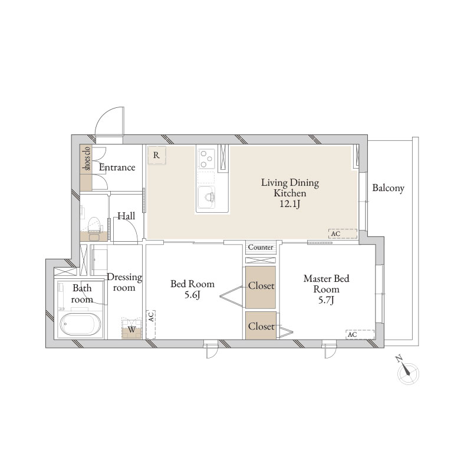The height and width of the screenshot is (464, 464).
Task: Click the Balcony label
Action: (x=388, y=189)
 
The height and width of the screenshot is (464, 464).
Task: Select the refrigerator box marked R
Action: (x=156, y=155)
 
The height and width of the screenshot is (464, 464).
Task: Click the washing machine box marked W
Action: (x=132, y=329)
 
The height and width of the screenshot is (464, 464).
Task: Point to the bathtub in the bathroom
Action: (x=81, y=324)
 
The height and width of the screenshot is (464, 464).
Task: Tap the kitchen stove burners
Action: (x=206, y=157)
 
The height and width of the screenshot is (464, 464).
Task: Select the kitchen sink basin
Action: (x=207, y=195)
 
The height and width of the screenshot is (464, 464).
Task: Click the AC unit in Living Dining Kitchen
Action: (x=342, y=233)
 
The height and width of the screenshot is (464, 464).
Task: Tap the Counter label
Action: (x=261, y=247)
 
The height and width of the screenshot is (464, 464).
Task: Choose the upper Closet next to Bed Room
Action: (x=261, y=287)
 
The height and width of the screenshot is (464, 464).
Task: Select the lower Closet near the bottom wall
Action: (x=261, y=325)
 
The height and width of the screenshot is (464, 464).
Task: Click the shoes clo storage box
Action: (x=86, y=167)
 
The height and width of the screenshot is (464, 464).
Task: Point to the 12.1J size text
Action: (x=290, y=204)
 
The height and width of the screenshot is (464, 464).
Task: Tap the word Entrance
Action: (x=117, y=167)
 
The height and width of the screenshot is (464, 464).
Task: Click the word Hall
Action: (x=126, y=216)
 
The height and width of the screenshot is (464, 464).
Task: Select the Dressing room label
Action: (x=124, y=282)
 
